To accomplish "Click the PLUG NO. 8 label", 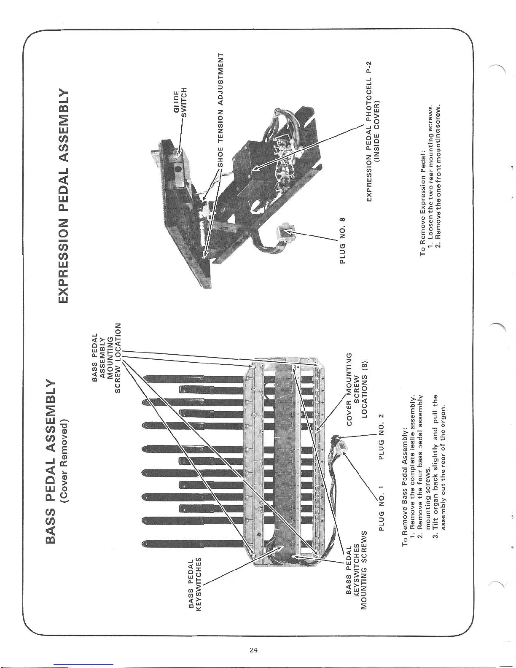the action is pyautogui.click(x=342, y=241).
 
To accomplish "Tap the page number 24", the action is pyautogui.click(x=253, y=649).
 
